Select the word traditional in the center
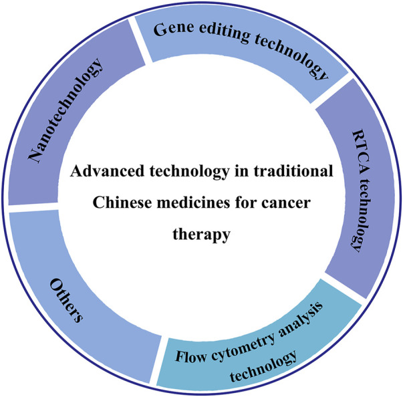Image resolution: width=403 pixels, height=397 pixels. [296, 171]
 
